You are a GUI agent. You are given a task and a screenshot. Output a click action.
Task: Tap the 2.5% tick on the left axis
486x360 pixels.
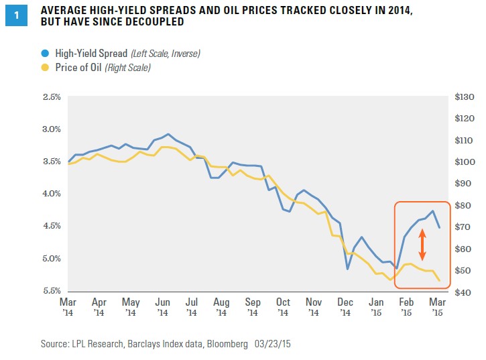tap(52, 97)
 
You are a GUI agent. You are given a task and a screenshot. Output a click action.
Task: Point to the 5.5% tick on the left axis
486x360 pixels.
tap(52, 291)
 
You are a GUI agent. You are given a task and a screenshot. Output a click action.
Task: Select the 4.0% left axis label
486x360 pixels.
tap(52, 194)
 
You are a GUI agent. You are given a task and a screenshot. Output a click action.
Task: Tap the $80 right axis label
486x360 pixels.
tap(462, 206)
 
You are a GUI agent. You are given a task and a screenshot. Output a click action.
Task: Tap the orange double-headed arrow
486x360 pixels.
tap(422, 245)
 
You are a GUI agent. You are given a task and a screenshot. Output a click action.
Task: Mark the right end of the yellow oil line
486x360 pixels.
tap(439, 281)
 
